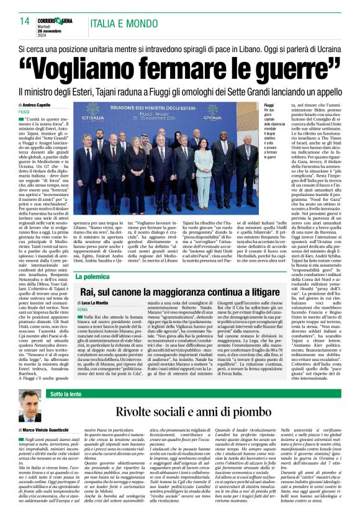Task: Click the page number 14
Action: tap(25, 21)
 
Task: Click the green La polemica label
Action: tap(92, 277)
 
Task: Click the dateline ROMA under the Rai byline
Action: tap(83, 309)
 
